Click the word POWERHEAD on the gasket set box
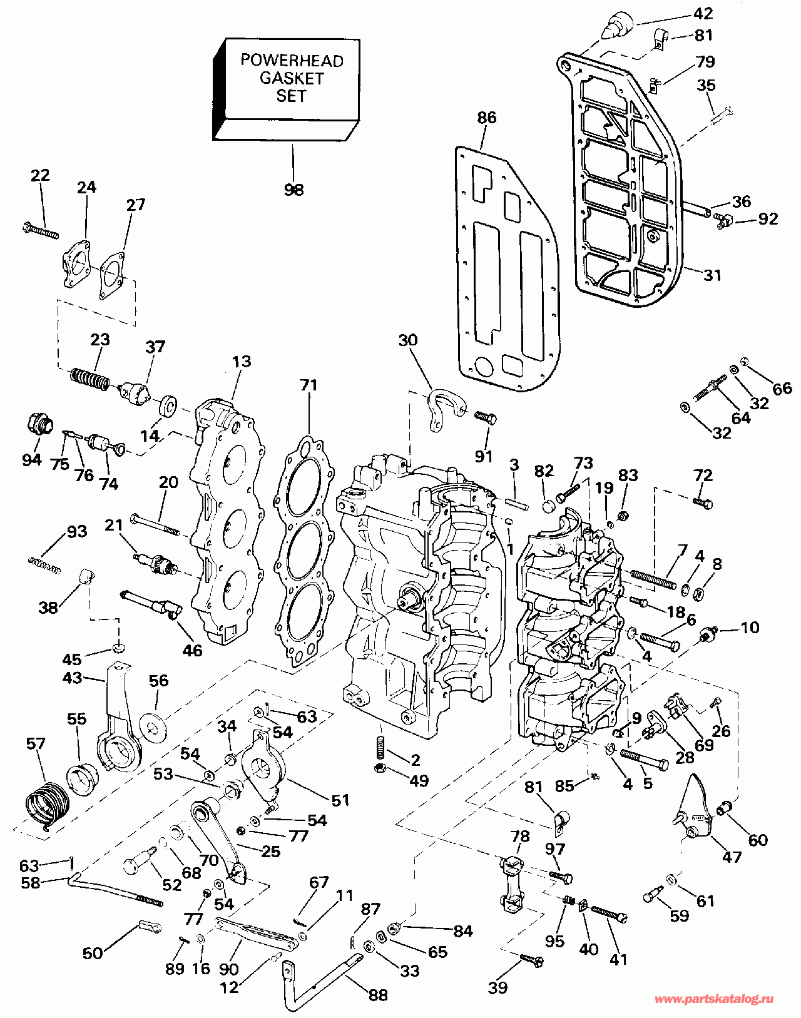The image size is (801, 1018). pyautogui.click(x=292, y=60)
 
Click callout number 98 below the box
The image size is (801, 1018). pyautogui.click(x=293, y=190)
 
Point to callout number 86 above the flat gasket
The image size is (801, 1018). pyautogui.click(x=486, y=118)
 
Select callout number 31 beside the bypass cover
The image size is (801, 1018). pyautogui.click(x=712, y=275)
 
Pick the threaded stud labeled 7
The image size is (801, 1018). pyautogui.click(x=653, y=579)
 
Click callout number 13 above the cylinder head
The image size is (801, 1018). pyautogui.click(x=242, y=362)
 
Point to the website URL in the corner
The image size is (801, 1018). pyautogui.click(x=713, y=999)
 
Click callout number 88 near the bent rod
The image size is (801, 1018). pyautogui.click(x=377, y=994)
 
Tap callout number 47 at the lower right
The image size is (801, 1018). pyautogui.click(x=732, y=857)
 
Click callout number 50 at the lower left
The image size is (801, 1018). pyautogui.click(x=93, y=953)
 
